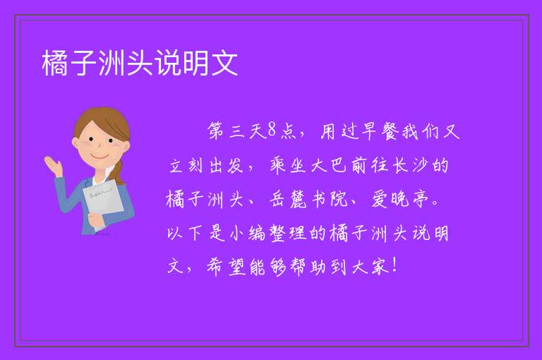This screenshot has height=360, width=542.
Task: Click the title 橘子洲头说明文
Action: pyautogui.click(x=140, y=63)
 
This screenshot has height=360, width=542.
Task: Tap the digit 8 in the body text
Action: pyautogui.click(x=272, y=131)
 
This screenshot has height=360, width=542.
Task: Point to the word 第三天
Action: pyautogui.click(x=237, y=131)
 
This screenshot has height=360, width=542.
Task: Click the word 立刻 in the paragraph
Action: pyautogui.click(x=186, y=165)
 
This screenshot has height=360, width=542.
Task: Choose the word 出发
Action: pyautogui.click(x=227, y=165)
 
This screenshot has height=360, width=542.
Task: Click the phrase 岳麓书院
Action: pyautogui.click(x=308, y=199)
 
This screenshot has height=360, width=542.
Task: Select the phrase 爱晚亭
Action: pyautogui.click(x=399, y=199)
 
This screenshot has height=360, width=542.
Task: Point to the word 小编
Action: pyautogui.click(x=248, y=233)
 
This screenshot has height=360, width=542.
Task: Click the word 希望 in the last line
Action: pyautogui.click(x=227, y=267)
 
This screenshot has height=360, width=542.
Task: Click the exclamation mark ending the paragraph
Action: pyautogui.click(x=395, y=265)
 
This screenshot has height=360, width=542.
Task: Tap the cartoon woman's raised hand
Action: pyautogui.click(x=53, y=166)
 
